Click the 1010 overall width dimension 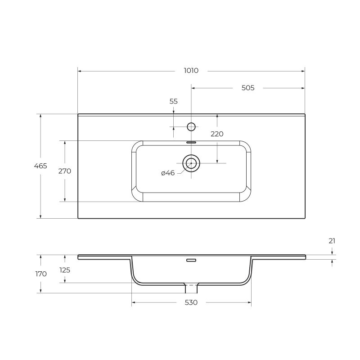click(x=191, y=71)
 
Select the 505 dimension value click(x=248, y=88)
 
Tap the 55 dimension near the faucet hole click(x=173, y=101)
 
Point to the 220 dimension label click(x=217, y=134)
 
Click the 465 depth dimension click(x=40, y=166)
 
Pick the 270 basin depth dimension click(x=65, y=171)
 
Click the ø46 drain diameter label click(x=168, y=173)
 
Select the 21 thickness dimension click(x=332, y=241)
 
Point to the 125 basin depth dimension click(x=65, y=270)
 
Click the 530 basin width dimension click(x=191, y=302)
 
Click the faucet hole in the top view click(x=191, y=126)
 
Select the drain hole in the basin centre click(x=191, y=163)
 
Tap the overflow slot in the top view click(x=191, y=142)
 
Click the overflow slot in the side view click(x=191, y=260)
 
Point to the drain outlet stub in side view click(x=191, y=288)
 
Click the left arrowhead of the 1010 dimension click(x=80, y=71)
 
